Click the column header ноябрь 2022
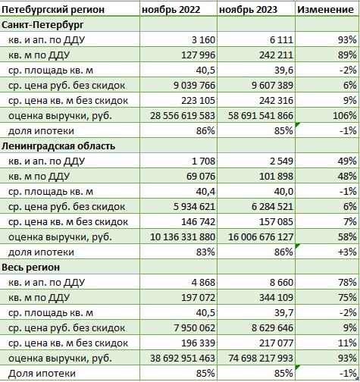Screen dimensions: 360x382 [x=171, y=10]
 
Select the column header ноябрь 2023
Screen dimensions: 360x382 [x=249, y=10]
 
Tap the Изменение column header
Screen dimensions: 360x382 [x=325, y=9]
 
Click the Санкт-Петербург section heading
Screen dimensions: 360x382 [x=42, y=25]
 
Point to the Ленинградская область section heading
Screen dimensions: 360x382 [x=58, y=146]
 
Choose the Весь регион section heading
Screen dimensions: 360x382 [x=30, y=268]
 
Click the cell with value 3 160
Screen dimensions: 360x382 [x=203, y=40]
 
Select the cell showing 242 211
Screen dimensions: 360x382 [x=276, y=55]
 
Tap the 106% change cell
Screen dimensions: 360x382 [x=345, y=116]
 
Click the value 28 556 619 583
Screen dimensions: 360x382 [x=183, y=116]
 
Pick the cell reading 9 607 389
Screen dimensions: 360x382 [x=272, y=86]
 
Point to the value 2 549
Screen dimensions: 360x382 [x=281, y=161]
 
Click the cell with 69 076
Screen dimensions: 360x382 [x=201, y=177]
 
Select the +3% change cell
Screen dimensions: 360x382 [x=347, y=252]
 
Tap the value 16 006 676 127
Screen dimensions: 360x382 [x=261, y=237]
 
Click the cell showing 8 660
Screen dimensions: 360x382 [x=281, y=283]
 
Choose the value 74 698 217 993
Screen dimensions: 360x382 [x=261, y=359]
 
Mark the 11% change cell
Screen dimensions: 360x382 [x=347, y=343]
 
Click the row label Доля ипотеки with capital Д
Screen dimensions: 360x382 [x=42, y=374]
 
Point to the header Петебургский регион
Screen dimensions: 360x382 [x=53, y=10]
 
